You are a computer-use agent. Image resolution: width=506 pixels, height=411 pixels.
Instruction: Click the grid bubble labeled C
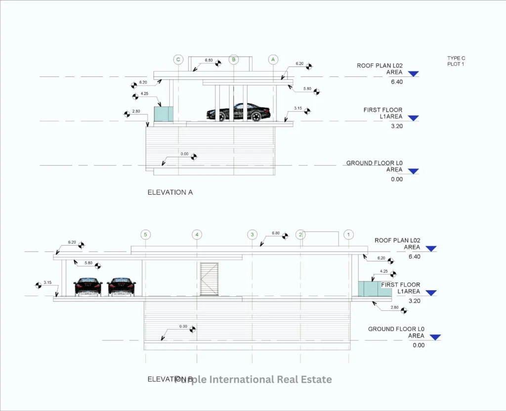(x=178, y=60)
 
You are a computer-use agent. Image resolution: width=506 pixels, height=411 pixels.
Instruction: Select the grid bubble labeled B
(x=234, y=60)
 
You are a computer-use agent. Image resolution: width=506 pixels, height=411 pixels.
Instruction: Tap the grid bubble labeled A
(x=273, y=60)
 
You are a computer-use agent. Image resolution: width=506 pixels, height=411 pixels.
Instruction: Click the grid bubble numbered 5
(x=145, y=234)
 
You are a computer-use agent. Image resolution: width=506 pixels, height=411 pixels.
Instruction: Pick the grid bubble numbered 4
(x=197, y=234)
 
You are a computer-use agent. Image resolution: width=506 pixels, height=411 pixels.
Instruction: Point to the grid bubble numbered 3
(x=253, y=234)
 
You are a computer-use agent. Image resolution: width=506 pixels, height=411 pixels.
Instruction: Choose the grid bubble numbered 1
(x=349, y=234)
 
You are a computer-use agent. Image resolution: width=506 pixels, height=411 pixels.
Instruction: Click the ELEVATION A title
(x=170, y=192)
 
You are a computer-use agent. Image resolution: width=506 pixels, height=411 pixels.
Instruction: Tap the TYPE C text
(x=456, y=58)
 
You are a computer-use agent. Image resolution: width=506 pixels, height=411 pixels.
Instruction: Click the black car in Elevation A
(x=239, y=112)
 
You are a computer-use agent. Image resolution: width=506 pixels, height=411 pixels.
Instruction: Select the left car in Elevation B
(x=88, y=287)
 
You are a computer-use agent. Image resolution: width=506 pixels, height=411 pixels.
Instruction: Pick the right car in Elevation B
(x=122, y=287)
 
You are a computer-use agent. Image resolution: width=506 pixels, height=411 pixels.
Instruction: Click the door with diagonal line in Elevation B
(x=209, y=279)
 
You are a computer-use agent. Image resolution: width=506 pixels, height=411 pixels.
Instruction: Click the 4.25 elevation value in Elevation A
(x=145, y=93)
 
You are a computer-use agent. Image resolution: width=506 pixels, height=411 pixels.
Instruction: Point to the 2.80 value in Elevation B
(x=394, y=307)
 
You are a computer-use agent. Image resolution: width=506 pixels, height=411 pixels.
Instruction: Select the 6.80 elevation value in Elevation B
(x=276, y=233)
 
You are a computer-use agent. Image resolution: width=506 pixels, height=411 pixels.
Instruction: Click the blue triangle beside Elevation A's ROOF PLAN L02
(x=414, y=74)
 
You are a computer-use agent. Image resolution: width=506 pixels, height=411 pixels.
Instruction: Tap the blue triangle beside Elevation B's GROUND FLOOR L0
(x=435, y=337)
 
